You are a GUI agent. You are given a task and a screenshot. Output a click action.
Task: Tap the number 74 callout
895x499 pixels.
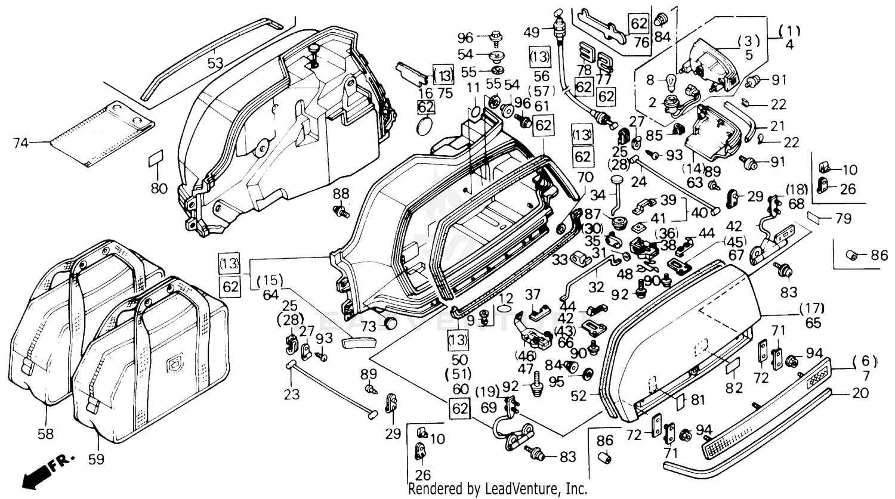point(20,142)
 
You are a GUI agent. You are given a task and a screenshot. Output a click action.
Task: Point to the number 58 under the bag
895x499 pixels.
point(45,434)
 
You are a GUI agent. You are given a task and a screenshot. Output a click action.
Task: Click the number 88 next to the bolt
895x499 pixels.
point(341,193)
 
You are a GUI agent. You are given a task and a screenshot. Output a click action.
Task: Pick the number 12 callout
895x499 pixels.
point(505,298)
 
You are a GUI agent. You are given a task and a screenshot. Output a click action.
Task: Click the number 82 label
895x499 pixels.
point(734,389)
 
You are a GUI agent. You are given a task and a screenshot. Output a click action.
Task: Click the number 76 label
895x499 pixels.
point(641,42)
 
